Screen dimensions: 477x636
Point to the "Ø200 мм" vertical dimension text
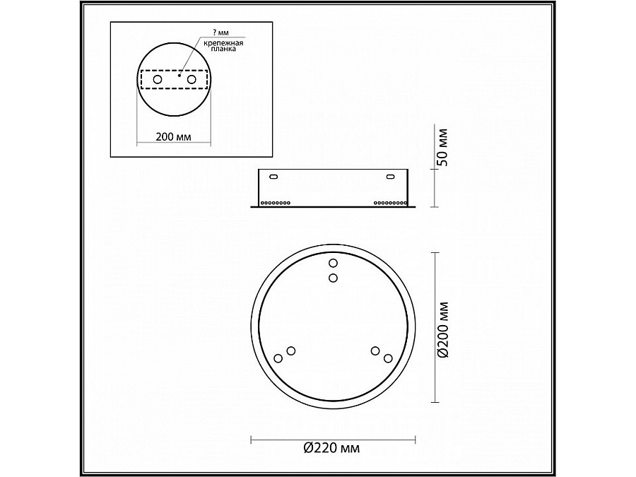click(x=442, y=329)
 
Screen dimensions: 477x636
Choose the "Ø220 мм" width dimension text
click(x=331, y=447)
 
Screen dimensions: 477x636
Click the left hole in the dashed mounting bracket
click(x=158, y=81)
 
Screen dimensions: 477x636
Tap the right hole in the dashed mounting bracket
click(x=191, y=81)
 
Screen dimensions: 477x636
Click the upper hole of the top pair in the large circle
click(x=334, y=264)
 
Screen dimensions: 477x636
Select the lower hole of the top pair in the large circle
click(x=334, y=278)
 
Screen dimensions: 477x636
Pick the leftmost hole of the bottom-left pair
click(x=278, y=359)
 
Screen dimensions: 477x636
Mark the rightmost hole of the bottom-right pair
click(x=388, y=359)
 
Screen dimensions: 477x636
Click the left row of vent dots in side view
click(x=276, y=202)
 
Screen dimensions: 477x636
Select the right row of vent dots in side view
click(x=389, y=202)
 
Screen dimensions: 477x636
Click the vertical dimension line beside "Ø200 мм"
click(x=432, y=329)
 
